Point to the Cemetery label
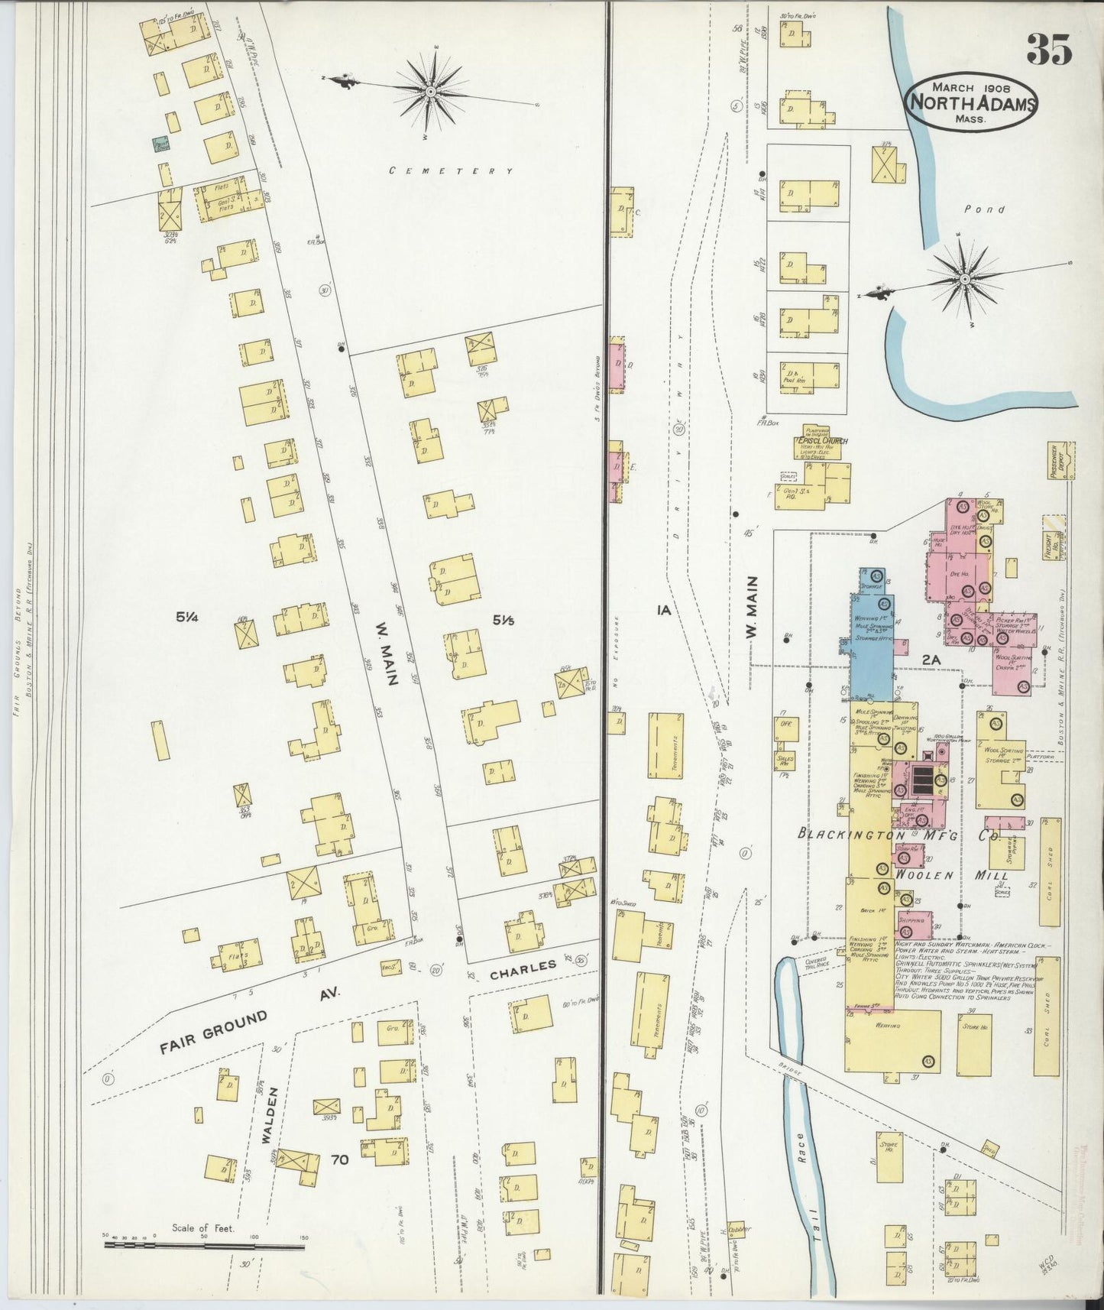coord(451,171)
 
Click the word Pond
coord(984,209)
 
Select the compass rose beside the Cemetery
coord(432,92)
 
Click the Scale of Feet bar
coord(204,1247)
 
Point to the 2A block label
coord(931,659)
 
